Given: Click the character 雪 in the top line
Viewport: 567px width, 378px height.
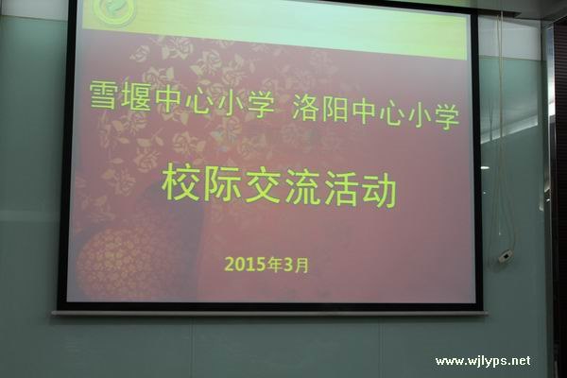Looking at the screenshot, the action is tap(103, 94).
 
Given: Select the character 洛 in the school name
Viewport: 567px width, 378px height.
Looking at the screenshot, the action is tap(305, 108).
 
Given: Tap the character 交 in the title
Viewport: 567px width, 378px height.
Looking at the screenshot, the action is tap(263, 186).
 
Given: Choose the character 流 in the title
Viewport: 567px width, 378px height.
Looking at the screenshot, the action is tap(303, 188).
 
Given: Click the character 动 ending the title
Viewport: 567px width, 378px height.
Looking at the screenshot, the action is tap(379, 190).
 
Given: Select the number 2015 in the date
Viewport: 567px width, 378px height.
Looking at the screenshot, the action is tap(245, 264).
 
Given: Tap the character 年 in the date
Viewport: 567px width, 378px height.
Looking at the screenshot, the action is tap(275, 265).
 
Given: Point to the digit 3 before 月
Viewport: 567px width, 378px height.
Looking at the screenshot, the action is tap(288, 266).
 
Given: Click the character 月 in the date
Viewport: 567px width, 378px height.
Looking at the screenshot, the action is tap(301, 266).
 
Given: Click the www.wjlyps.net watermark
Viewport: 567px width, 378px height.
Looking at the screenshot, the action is tap(483, 361).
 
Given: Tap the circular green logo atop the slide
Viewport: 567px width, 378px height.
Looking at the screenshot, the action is tap(114, 10).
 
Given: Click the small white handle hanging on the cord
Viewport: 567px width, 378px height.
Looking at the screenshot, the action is tap(506, 256).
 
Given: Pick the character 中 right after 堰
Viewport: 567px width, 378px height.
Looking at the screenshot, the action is tap(169, 98).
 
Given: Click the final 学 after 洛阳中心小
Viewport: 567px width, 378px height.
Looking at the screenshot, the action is tap(447, 115).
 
